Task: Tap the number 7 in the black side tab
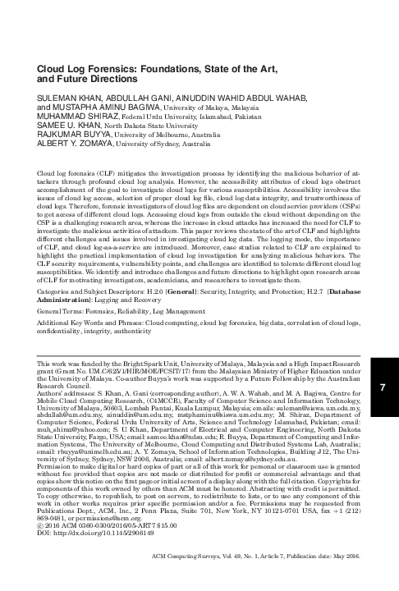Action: click(384, 410)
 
